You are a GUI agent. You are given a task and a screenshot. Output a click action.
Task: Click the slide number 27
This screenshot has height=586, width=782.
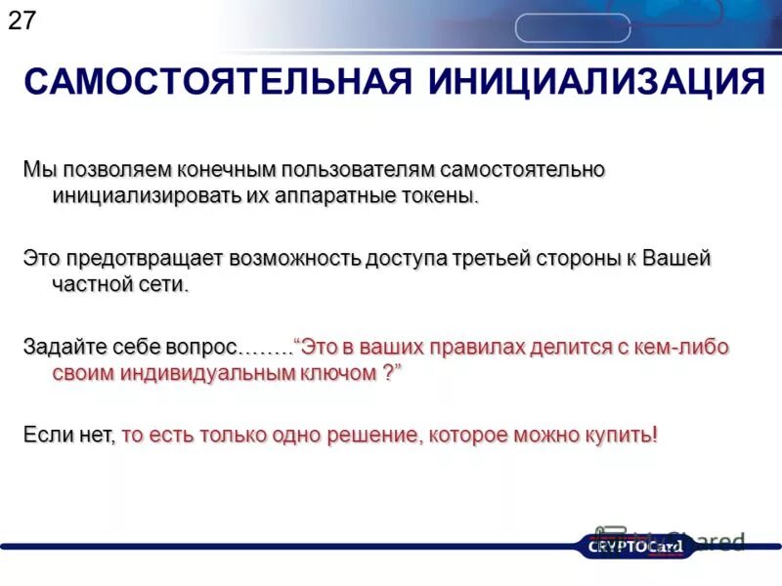(22, 21)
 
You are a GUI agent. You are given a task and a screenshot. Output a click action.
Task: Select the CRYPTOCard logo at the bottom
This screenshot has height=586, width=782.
(635, 546)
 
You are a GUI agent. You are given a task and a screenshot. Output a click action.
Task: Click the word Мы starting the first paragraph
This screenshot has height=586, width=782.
(39, 169)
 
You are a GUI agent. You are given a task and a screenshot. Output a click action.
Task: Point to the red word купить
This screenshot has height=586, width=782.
(616, 436)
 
